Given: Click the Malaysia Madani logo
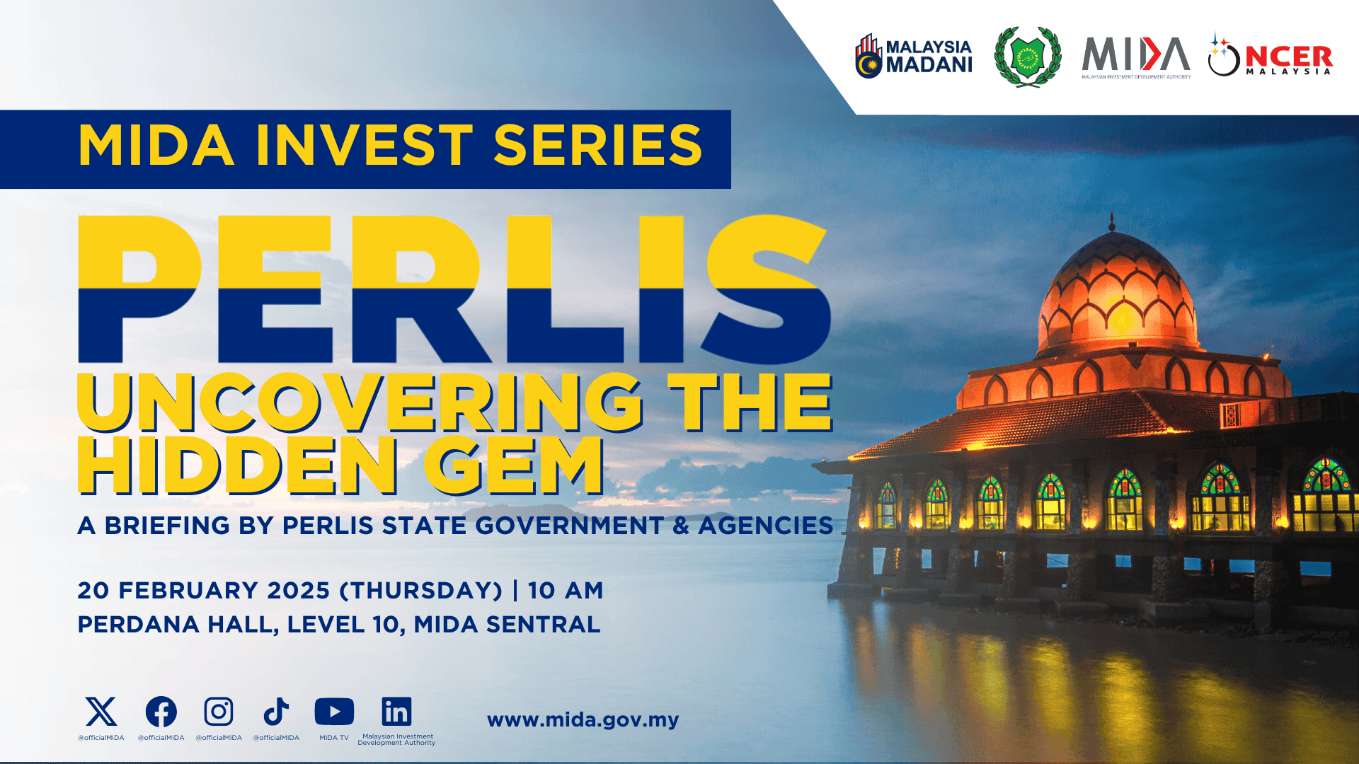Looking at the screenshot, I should click(913, 56).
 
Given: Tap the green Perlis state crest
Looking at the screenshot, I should click(1028, 57).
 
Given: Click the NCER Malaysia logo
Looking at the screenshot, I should click(1271, 56).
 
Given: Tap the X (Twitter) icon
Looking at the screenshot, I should click(101, 712).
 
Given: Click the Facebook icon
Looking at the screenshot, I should click(161, 712).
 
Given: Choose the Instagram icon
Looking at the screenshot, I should click(219, 712).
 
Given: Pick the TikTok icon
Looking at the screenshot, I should click(276, 712).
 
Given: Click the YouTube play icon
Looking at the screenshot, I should click(334, 712).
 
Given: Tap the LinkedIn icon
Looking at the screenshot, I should click(396, 712).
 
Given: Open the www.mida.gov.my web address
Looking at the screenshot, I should click(583, 720).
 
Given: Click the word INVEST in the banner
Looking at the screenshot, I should click(364, 146).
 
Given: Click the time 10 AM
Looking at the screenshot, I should click(566, 590).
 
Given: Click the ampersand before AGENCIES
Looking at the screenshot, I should click(681, 526).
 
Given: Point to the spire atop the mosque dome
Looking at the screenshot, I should click(1112, 221).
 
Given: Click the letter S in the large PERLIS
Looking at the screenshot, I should click(766, 290).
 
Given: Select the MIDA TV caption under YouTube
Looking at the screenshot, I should click(334, 738).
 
